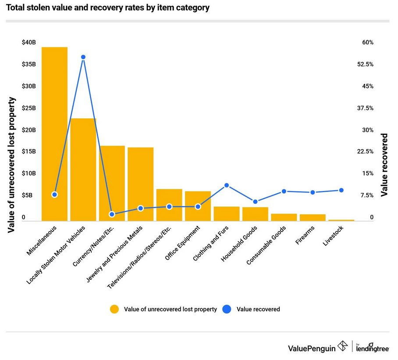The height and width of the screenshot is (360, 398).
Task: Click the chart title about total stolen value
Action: click(108, 8)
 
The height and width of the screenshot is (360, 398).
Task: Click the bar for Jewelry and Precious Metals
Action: click(140, 184)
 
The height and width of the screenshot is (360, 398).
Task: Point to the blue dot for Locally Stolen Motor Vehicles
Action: click(83, 57)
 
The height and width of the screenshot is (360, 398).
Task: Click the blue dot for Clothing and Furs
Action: click(227, 185)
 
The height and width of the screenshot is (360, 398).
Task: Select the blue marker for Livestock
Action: click(341, 190)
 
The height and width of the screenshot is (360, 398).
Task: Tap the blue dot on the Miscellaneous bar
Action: click(54, 194)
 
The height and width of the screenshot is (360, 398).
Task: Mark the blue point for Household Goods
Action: click(255, 202)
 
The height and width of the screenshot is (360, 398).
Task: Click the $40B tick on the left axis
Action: click(29, 43)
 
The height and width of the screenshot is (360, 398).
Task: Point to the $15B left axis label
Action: click(29, 152)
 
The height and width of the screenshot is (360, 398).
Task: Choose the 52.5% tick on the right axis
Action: click(365, 64)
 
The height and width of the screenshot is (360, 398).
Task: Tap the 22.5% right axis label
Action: click(365, 152)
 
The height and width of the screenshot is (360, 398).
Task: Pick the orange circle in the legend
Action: click(114, 309)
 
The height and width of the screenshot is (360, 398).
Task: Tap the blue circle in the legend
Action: click(227, 309)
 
